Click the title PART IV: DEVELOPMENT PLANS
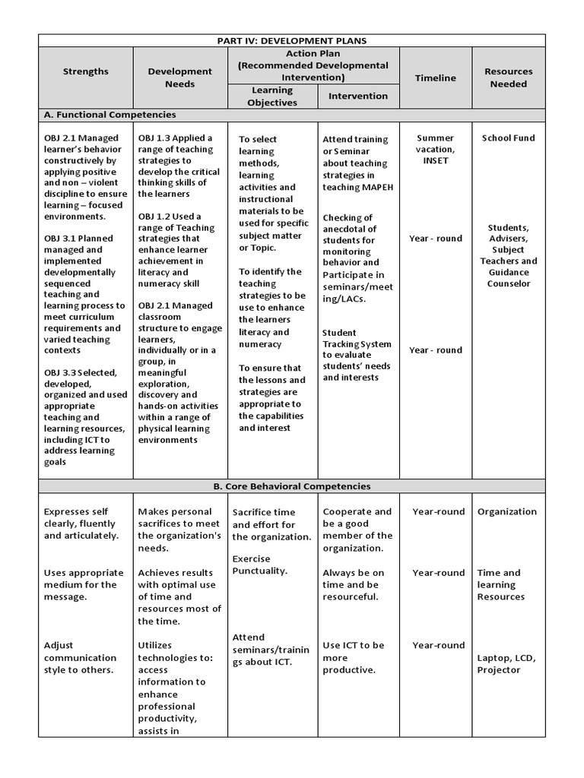pyautogui.click(x=291, y=40)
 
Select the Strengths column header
pyautogui.click(x=86, y=71)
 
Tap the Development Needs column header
pyautogui.click(x=179, y=77)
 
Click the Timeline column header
pyautogui.click(x=435, y=77)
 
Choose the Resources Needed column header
pyautogui.click(x=508, y=77)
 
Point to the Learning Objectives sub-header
pyautogui.click(x=272, y=96)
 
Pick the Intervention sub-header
pyautogui.click(x=357, y=96)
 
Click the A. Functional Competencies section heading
pyautogui.click(x=110, y=115)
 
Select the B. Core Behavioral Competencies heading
pyautogui.click(x=291, y=485)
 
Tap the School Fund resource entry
pyautogui.click(x=508, y=138)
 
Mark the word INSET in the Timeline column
pyautogui.click(x=435, y=161)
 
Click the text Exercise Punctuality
pyautogui.click(x=259, y=565)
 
